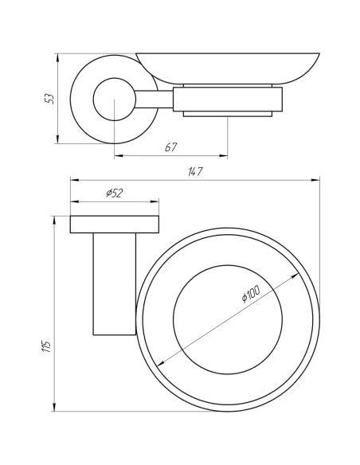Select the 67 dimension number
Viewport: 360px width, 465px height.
[x=170, y=147]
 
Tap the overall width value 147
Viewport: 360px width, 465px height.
[x=194, y=172]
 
